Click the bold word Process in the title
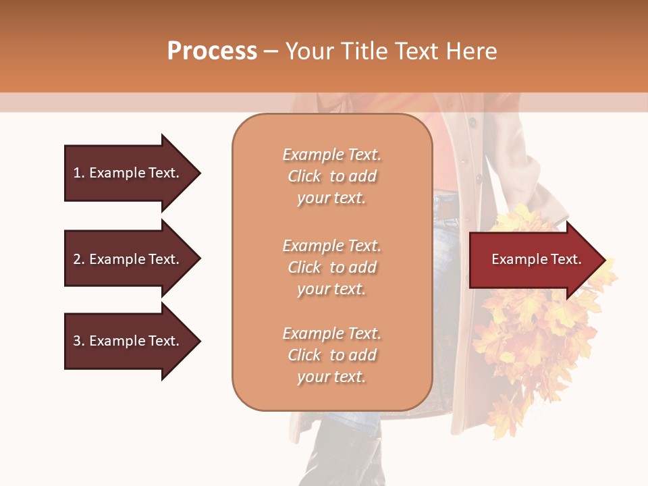point(212,51)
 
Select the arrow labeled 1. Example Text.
point(128,173)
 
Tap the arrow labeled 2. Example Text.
point(128,259)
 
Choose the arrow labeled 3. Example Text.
point(128,341)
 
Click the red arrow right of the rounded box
point(533,259)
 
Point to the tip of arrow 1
point(199,173)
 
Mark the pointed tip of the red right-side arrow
point(605,259)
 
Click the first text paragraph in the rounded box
point(331,176)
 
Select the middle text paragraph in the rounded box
point(331,267)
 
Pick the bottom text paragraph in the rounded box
point(331,355)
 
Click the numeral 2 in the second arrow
point(77,259)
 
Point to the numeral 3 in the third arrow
point(77,341)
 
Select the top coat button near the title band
point(473,123)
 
